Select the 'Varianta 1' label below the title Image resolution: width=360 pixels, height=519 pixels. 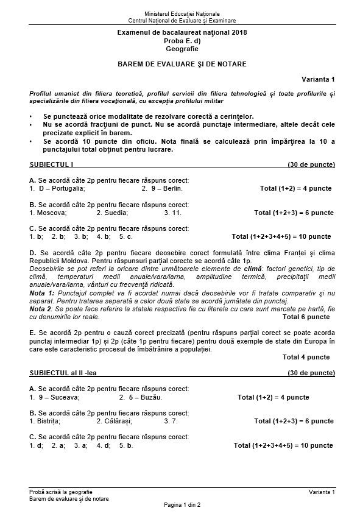pos(318,79)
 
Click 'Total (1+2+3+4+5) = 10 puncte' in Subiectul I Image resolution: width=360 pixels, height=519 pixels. pos(281,236)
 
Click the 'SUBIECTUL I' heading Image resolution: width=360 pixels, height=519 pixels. pos(51,164)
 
